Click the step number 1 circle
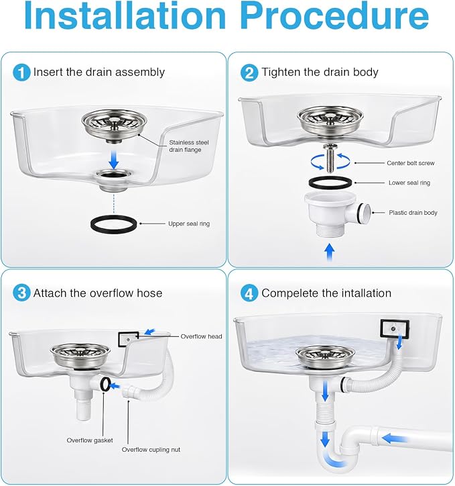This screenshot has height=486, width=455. click(21, 72)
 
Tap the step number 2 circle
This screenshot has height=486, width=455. click(249, 72)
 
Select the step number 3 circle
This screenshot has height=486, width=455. click(21, 293)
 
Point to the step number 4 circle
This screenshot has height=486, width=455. click(249, 293)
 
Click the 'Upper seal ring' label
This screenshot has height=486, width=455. click(189, 224)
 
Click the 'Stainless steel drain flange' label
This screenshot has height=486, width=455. click(189, 146)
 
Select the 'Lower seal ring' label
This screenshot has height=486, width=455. click(409, 183)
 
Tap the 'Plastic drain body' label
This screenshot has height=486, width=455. click(413, 213)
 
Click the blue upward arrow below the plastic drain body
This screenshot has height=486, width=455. click(330, 252)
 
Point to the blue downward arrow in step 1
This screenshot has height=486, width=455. click(114, 160)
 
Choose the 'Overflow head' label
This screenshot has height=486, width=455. click(201, 336)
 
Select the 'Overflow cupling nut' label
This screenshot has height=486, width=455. click(151, 450)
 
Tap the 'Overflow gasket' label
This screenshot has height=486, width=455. click(90, 440)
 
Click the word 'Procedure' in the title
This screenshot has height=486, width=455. click(335, 15)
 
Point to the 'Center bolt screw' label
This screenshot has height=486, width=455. click(411, 163)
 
